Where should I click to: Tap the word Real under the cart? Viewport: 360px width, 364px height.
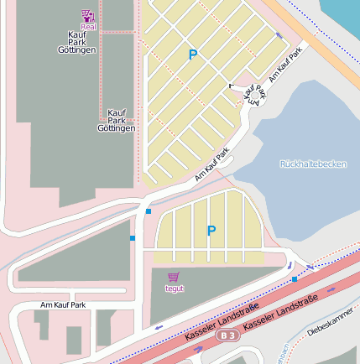tap(88, 27)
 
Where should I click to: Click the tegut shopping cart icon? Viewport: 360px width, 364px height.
tap(174, 277)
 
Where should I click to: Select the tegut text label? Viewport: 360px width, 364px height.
tap(174, 289)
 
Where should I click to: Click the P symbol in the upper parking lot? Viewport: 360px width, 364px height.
tap(193, 55)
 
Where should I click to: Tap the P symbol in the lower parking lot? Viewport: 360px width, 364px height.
tap(211, 231)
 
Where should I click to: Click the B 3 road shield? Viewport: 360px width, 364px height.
tap(227, 335)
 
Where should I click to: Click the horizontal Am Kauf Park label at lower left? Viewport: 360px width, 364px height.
tap(64, 305)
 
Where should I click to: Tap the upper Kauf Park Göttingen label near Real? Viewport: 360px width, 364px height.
tap(81, 43)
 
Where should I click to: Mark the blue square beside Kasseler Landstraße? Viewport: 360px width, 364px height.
tap(295, 278)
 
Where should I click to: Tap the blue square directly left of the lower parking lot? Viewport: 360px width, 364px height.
tap(148, 211)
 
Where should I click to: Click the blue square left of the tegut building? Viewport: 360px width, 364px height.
tap(133, 239)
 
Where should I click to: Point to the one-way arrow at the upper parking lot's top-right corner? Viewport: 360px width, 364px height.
tap(279, 35)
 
